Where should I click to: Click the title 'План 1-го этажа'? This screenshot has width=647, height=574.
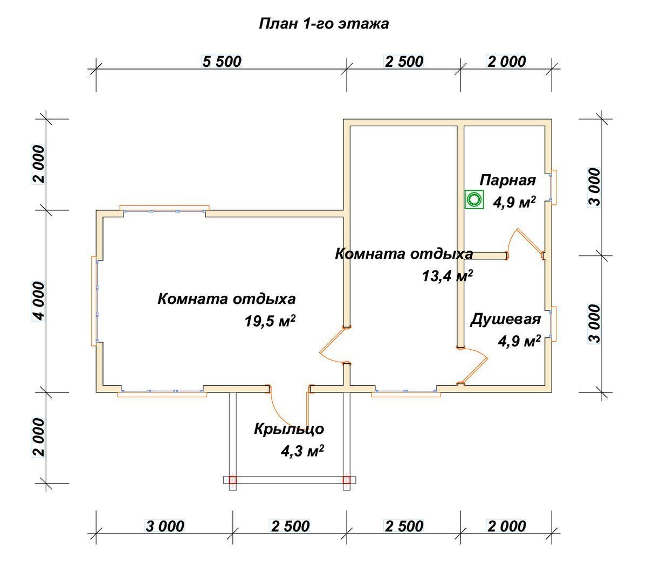323,24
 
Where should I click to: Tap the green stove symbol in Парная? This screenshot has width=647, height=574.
473,199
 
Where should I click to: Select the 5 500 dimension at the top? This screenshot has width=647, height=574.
222,61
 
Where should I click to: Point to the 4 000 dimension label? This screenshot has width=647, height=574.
40,301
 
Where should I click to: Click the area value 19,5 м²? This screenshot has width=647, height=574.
270,321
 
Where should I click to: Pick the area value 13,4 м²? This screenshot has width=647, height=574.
447,276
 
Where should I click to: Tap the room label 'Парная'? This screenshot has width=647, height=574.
507,181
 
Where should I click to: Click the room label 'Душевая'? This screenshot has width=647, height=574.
506,319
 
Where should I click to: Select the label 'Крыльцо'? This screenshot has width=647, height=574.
289,429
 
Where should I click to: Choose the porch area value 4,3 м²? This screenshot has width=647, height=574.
302,451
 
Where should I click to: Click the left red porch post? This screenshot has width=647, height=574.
233,480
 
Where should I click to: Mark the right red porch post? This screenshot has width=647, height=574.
347,480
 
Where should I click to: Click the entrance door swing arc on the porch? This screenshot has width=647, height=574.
281,412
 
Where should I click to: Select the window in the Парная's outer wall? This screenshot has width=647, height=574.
553,187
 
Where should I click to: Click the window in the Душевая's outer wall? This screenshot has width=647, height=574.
553,324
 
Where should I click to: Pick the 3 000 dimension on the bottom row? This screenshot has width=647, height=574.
165,527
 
